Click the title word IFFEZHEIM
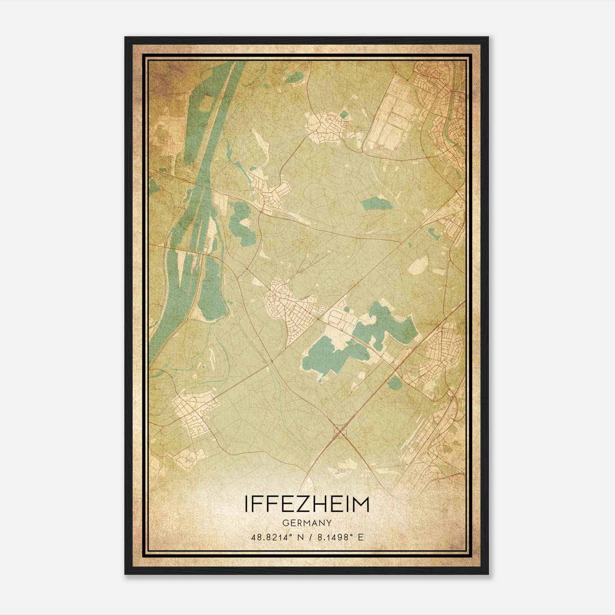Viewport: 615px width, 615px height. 307,504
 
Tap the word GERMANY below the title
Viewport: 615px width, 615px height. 307,523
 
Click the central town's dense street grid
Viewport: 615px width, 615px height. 292,304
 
